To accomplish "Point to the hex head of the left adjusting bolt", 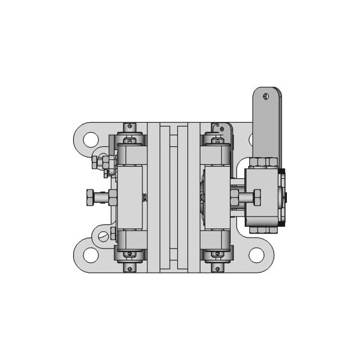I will tap(90, 197).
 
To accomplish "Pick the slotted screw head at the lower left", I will tap(103, 236).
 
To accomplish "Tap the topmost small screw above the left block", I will tap(130, 125).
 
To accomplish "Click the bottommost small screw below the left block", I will tap(130, 268).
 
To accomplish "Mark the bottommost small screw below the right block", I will tap(217, 268).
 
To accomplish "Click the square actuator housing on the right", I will tap(264, 197).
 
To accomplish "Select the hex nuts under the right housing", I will tap(263, 229).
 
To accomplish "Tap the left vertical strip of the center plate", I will tap(165, 197).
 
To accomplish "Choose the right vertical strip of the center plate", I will tap(182, 197).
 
